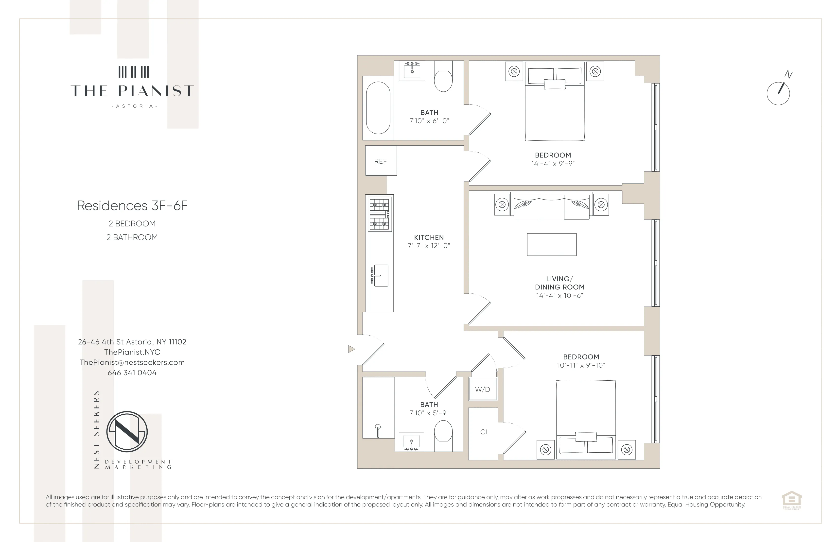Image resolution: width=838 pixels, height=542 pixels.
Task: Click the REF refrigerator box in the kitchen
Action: click(381, 161)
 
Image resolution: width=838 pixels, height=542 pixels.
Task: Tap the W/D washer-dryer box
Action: click(482, 389)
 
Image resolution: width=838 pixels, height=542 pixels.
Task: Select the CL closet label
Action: click(485, 432)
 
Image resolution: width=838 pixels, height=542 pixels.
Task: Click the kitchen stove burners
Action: click(380, 214)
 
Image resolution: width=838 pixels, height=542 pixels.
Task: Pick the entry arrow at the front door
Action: click(351, 349)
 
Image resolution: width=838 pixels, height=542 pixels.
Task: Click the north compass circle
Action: click(778, 94)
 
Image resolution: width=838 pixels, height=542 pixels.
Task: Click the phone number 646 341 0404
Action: click(132, 373)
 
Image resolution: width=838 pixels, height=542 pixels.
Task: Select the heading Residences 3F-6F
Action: click(132, 206)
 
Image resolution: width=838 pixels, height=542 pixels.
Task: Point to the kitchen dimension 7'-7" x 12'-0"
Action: click(429, 246)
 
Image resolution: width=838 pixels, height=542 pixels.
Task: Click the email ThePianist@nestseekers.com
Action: click(132, 362)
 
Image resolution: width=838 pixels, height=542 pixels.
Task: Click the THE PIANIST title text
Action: click(132, 91)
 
